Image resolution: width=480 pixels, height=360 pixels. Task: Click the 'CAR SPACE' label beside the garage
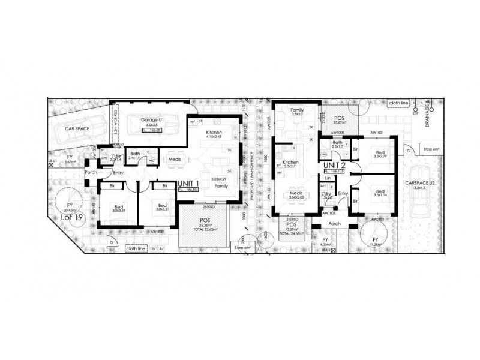point(78,127)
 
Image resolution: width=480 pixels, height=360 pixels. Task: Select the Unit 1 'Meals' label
point(175,159)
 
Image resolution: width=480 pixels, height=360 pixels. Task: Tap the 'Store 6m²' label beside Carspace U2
point(431,148)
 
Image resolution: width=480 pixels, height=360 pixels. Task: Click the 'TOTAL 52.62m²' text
point(204,227)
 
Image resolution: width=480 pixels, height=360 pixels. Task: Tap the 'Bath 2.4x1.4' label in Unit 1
point(135,156)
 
